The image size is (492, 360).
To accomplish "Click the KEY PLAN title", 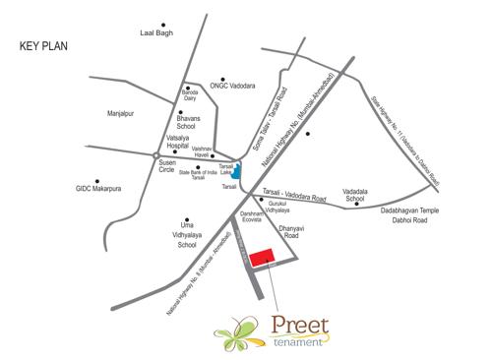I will [45, 46].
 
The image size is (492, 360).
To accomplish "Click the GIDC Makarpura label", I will [103, 187].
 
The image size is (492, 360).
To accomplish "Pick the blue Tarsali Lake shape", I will [237, 170].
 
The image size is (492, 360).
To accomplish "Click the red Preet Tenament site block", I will [261, 258].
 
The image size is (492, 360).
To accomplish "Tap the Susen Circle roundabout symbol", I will [155, 155].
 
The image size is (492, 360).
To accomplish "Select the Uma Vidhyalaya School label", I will [185, 235].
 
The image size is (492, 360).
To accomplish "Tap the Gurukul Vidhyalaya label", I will [278, 209].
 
